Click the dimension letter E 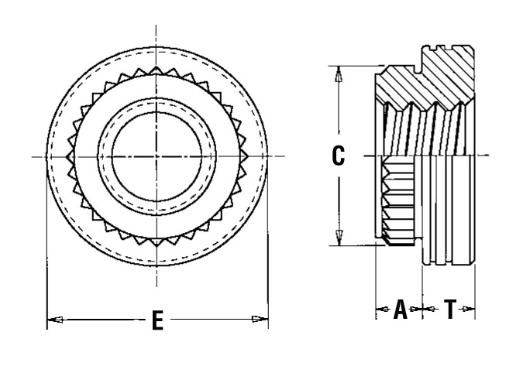point(157,320)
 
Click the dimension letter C point(338,156)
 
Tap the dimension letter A point(400,310)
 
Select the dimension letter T point(449,310)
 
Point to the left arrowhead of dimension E point(53,318)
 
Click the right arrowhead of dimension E point(263,318)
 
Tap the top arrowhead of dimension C point(338,73)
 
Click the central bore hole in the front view point(157,157)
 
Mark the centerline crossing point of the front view point(157,157)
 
